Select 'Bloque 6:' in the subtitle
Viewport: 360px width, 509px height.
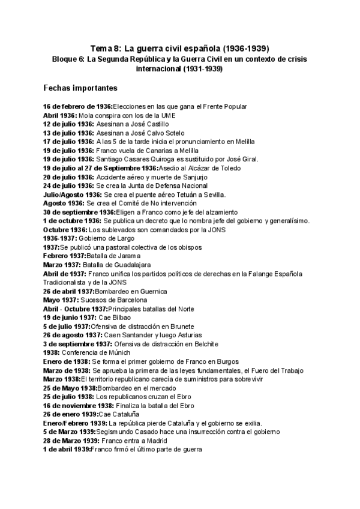coord(68,59)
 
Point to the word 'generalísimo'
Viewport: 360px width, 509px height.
coord(287,220)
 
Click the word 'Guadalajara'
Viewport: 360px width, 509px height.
coord(129,265)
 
